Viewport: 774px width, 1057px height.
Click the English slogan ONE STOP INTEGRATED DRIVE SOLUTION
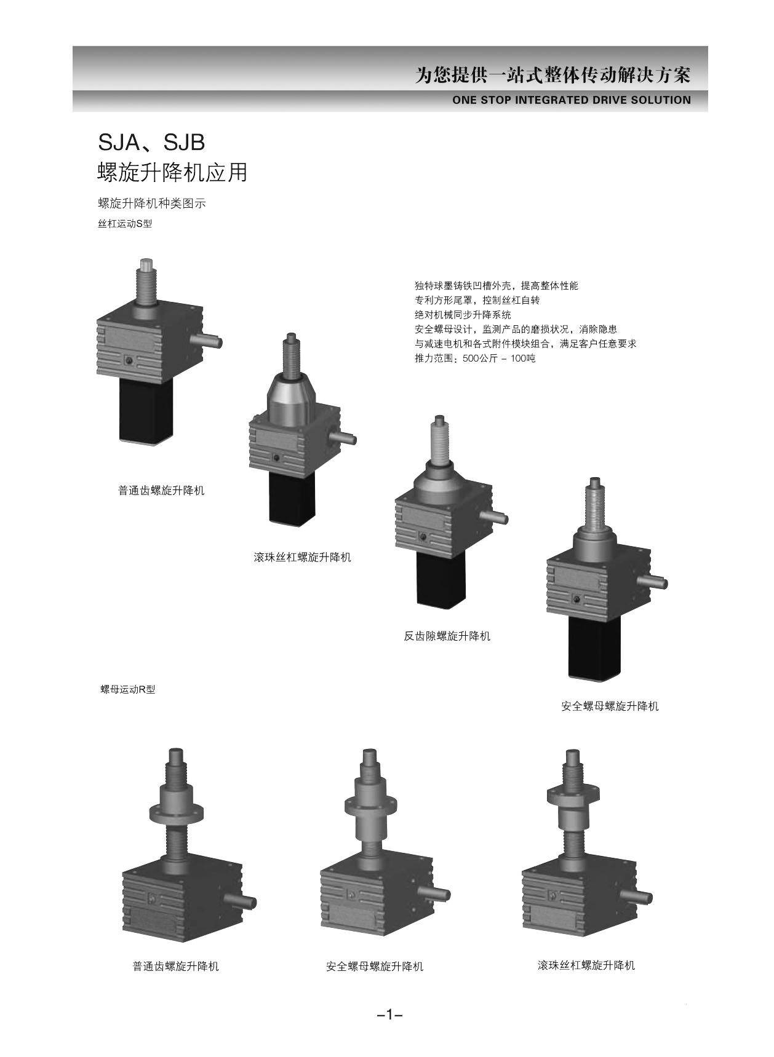[571, 100]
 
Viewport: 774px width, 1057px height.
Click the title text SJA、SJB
[151, 143]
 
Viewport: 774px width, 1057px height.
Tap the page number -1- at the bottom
[389, 1015]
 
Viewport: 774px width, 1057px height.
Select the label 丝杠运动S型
[125, 224]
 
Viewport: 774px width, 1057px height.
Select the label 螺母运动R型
[128, 689]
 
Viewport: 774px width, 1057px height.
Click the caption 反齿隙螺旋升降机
[447, 636]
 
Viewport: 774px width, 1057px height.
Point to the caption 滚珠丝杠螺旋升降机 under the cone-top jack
[302, 557]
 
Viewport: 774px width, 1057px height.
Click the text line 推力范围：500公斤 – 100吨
[475, 358]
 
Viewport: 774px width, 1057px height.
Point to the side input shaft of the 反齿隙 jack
[495, 517]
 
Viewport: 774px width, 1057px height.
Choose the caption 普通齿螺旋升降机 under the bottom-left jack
[175, 966]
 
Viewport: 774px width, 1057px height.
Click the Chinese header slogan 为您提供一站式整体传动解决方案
[553, 76]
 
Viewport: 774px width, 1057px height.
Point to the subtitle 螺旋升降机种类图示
[152, 204]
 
